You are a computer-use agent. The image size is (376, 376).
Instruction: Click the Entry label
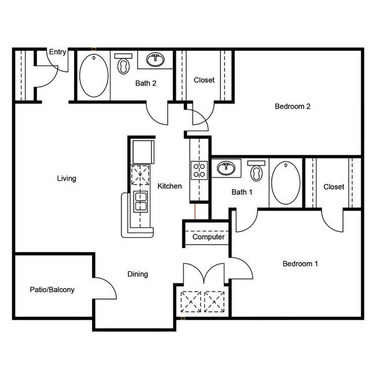(57, 52)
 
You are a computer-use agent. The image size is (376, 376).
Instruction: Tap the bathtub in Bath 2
(93, 76)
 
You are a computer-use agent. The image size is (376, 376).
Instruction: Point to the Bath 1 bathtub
(286, 182)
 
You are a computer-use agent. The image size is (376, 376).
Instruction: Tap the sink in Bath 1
(226, 169)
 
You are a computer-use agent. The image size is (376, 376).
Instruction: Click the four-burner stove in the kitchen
(199, 169)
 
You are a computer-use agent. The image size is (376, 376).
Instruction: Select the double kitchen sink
(141, 202)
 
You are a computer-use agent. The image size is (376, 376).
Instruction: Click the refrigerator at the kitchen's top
(142, 152)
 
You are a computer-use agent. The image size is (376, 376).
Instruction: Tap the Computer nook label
(208, 237)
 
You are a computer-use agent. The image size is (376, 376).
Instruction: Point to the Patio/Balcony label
(52, 290)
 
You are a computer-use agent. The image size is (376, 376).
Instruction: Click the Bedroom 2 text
(293, 106)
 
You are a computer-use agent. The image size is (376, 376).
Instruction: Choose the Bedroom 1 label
(300, 264)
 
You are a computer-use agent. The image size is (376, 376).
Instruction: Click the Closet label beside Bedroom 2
(204, 80)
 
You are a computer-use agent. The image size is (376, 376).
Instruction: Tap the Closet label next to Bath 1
(334, 187)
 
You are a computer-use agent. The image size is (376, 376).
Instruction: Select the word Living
(67, 178)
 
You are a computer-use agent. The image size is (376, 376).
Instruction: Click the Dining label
(138, 274)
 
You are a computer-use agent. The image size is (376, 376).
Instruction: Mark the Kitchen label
(169, 186)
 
